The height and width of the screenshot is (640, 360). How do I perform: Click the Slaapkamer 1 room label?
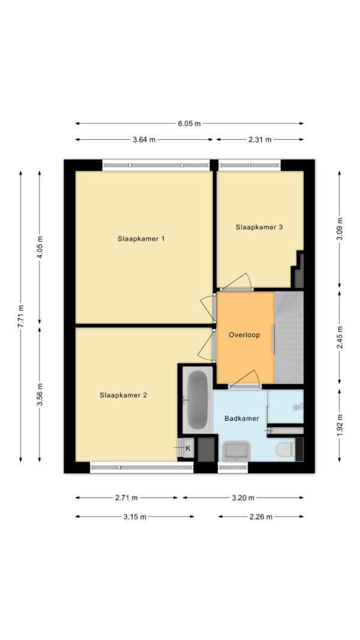point(141,239)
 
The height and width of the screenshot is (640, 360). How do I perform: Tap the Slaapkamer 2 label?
point(123,395)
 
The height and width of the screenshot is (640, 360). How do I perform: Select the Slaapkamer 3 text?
point(259,227)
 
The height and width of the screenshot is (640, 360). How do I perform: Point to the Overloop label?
point(244,335)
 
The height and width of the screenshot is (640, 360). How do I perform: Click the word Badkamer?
point(242,418)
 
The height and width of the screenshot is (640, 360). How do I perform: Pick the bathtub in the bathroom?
point(197,400)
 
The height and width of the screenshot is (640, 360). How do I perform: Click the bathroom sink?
point(237,451)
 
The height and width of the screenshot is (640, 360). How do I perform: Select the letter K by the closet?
point(188,448)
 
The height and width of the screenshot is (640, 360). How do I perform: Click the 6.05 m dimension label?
point(190,124)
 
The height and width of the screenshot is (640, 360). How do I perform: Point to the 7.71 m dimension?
point(21,316)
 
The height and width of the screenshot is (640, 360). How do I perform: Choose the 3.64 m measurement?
point(144,140)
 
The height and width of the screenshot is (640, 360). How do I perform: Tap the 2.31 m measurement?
point(260,140)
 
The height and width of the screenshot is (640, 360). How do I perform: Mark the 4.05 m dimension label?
point(40,248)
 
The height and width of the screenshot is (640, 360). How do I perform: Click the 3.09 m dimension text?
point(340,229)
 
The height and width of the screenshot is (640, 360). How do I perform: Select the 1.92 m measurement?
point(340,425)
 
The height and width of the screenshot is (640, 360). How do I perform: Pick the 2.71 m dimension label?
point(127,498)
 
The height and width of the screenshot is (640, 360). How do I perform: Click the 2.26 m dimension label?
point(261,516)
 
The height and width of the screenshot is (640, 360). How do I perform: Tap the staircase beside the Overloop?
point(289,338)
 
